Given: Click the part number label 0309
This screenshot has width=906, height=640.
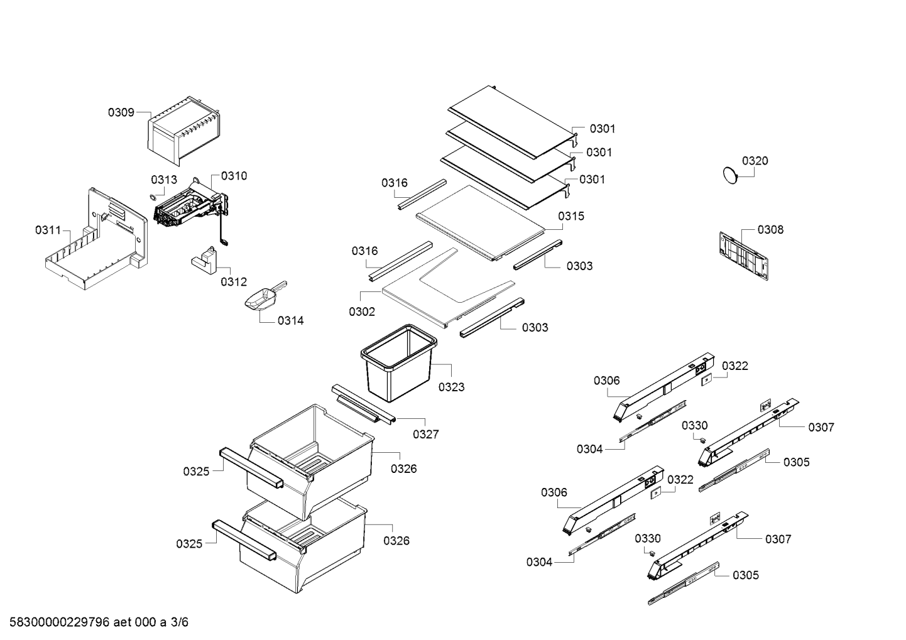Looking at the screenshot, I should (x=121, y=112).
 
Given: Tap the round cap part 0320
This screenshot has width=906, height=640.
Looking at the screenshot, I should (x=730, y=175).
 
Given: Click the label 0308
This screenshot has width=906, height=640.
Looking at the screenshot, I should (x=770, y=230).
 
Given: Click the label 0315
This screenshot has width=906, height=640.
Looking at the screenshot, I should (x=570, y=216).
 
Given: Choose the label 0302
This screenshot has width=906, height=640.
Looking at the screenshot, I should (x=362, y=312).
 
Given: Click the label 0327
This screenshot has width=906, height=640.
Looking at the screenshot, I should (x=425, y=434).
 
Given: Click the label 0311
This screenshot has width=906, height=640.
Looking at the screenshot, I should (x=48, y=231).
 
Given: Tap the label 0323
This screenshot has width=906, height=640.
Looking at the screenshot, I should (x=451, y=387).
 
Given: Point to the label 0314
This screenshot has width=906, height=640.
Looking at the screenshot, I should (x=290, y=321).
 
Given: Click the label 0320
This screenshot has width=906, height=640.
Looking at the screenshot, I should (x=755, y=161).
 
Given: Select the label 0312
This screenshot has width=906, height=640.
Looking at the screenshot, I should (x=234, y=282).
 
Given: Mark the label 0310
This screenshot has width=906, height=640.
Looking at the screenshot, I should (x=234, y=176).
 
